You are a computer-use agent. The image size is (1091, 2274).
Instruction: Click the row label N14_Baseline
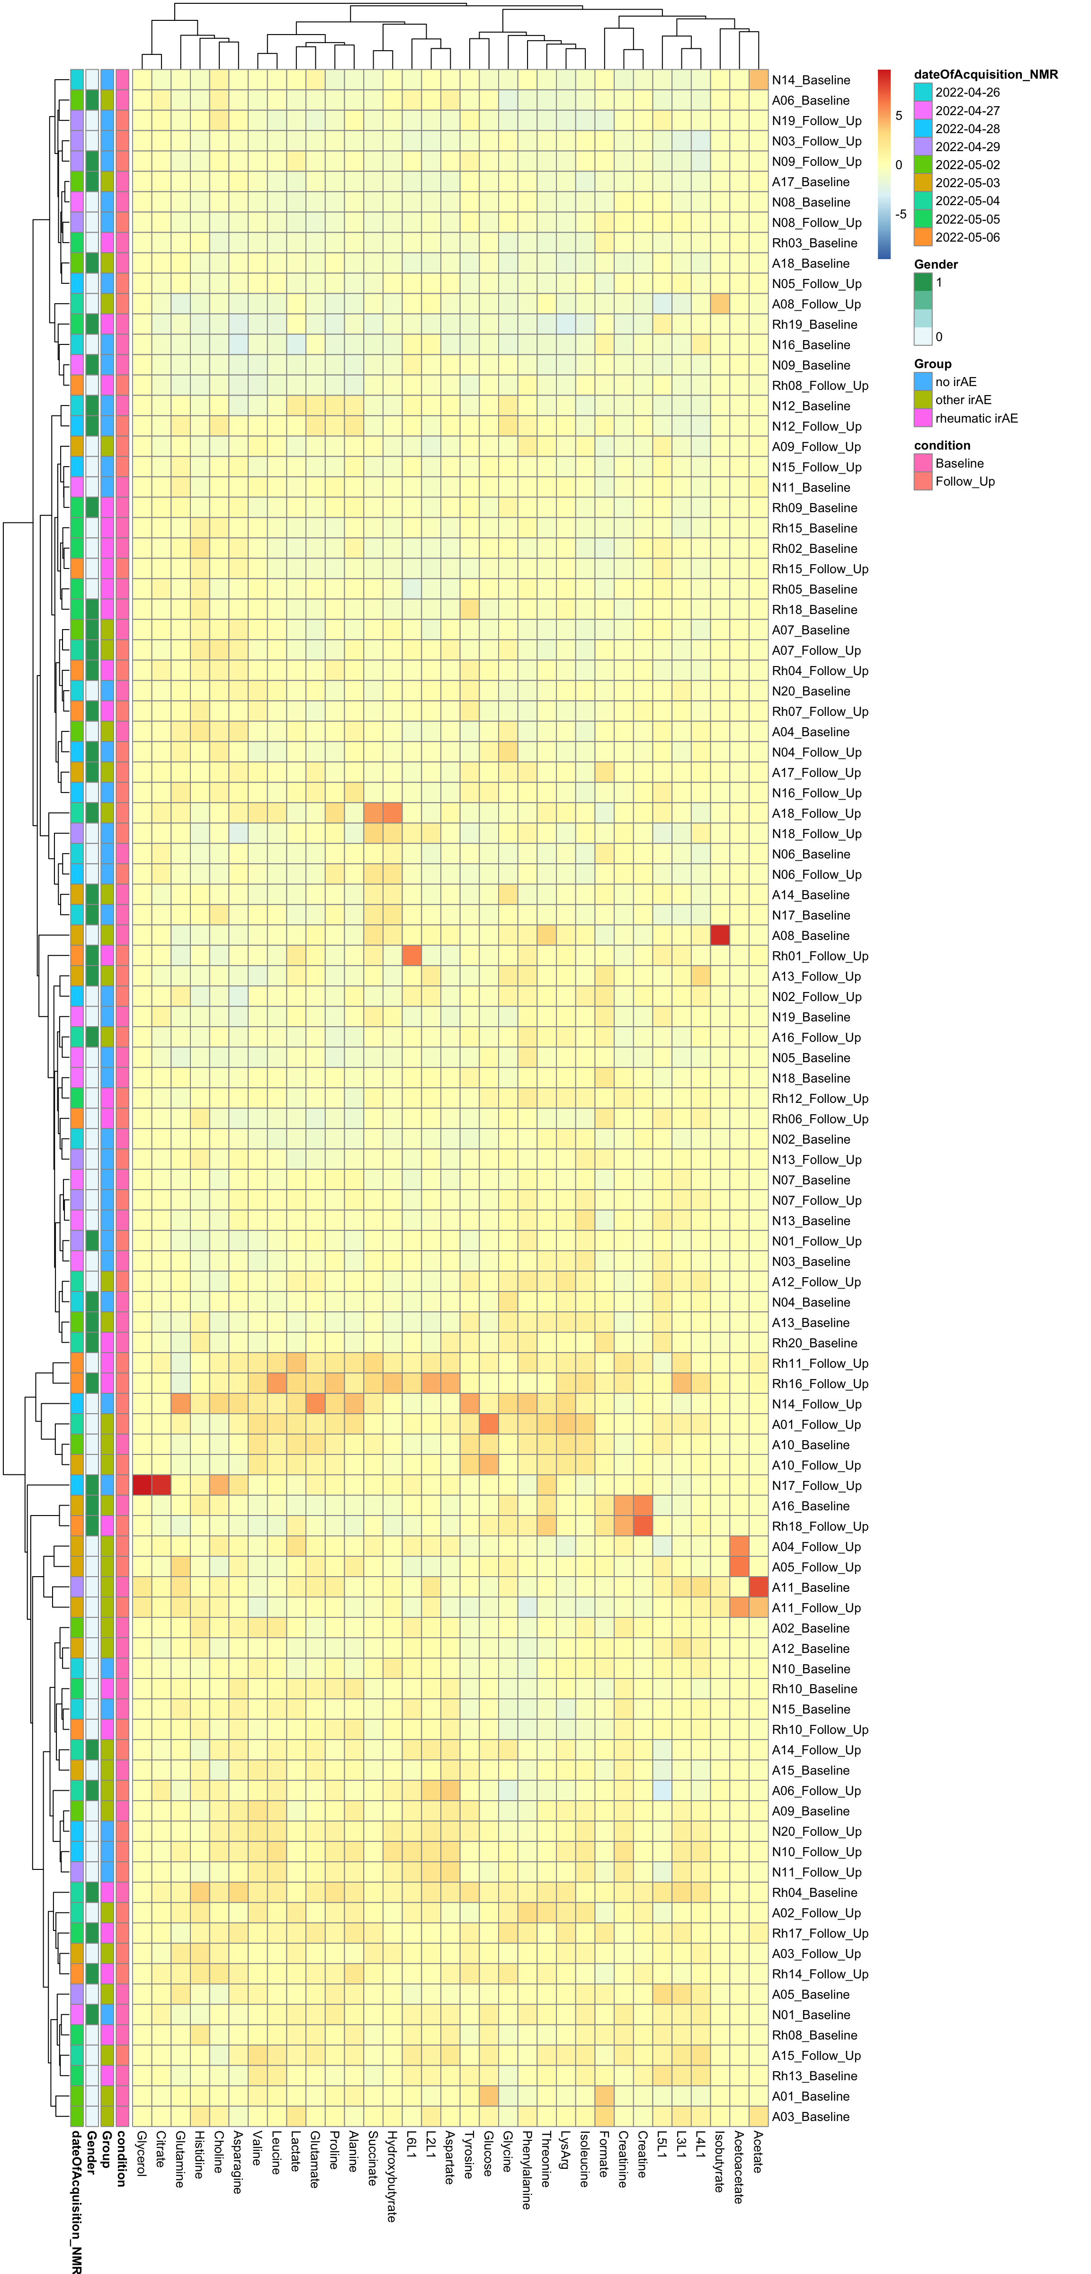[x=810, y=81]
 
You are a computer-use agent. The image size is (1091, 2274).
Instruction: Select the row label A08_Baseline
[x=810, y=936]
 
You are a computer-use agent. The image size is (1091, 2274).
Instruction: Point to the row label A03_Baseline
[x=810, y=2117]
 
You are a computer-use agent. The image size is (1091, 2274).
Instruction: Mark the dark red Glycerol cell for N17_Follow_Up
[x=141, y=1486]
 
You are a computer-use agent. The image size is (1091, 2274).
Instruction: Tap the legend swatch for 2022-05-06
[x=922, y=237]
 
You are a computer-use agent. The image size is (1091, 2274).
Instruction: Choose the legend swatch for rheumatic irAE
[x=922, y=418]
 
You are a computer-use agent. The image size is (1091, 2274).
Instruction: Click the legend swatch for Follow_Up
[x=922, y=482]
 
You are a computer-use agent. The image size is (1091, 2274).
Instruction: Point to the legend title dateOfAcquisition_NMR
[x=985, y=75]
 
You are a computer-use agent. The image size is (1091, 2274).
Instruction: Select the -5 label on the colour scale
[x=900, y=215]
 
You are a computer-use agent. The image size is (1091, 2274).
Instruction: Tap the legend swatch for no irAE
[x=922, y=382]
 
